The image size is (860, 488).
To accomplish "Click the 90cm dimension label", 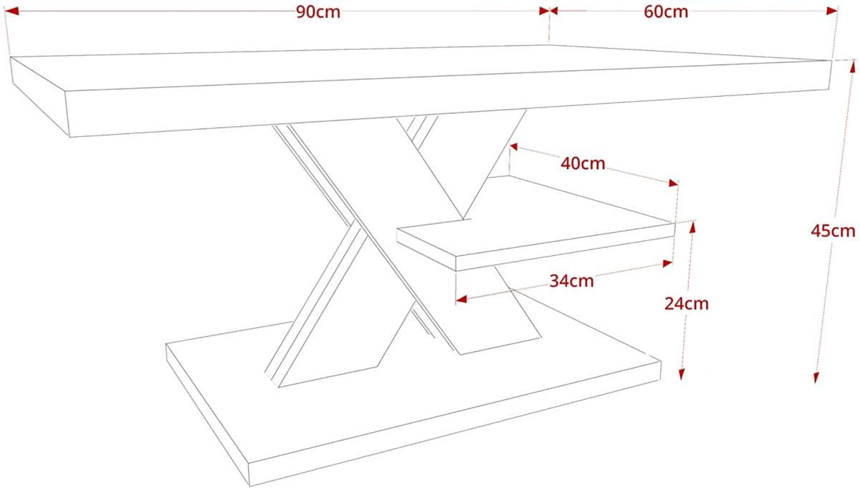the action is [x=318, y=12].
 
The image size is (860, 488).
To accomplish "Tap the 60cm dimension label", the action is [x=666, y=12].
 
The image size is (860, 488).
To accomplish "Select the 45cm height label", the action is [x=833, y=231].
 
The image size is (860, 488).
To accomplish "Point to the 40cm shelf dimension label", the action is [x=583, y=163].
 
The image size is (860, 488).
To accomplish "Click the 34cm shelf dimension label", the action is [x=571, y=281].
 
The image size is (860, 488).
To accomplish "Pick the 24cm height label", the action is [x=687, y=304].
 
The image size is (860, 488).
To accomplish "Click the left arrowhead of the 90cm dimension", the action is [x=11, y=11].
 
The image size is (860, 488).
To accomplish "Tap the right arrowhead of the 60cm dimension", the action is [x=831, y=11].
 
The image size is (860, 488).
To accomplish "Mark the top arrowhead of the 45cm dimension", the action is [x=853, y=66].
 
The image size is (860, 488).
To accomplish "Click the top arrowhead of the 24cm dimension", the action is [x=692, y=227].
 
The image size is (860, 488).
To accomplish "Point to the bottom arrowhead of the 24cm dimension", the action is [x=682, y=374].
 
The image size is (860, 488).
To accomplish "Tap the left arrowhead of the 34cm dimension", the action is [x=461, y=299].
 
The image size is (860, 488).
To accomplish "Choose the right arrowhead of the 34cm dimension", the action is [x=667, y=264].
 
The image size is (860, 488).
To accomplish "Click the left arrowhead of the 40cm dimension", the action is [x=514, y=147].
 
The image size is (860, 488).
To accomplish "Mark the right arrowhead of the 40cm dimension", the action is [x=674, y=183].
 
